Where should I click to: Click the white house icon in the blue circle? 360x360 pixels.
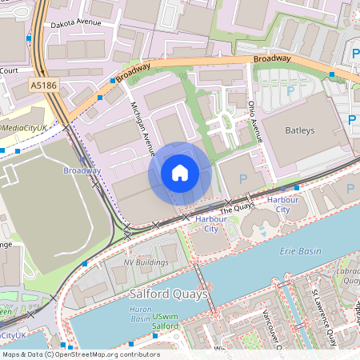pyautogui.click(x=180, y=173)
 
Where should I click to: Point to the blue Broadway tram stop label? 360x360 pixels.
pyautogui.click(x=82, y=170)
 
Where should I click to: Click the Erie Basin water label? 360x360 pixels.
pyautogui.click(x=302, y=251)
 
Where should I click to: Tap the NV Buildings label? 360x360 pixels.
pyautogui.click(x=146, y=262)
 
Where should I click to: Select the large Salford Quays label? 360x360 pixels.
pyautogui.click(x=168, y=294)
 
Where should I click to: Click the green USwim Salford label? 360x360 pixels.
pyautogui.click(x=166, y=322)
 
